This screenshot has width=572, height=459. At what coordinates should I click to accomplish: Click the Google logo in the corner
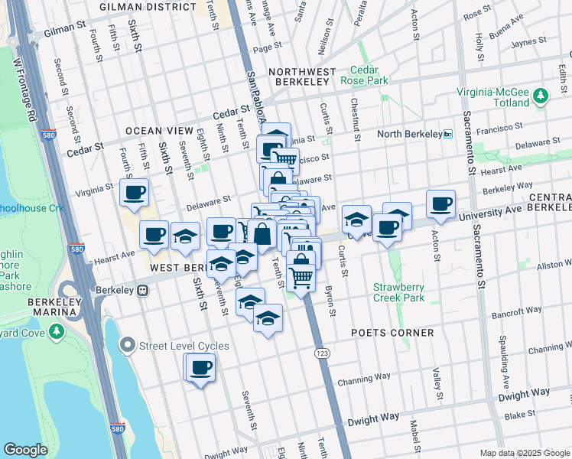(x=25, y=450)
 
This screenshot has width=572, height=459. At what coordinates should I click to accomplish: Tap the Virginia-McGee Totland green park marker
(x=541, y=96)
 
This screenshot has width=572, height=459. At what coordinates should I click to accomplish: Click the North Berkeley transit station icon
(x=448, y=135)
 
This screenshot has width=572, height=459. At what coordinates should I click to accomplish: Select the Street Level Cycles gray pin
(x=127, y=346)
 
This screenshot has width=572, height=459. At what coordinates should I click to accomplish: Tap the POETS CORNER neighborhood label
(x=392, y=333)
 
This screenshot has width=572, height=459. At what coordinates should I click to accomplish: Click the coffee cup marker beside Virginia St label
(x=134, y=193)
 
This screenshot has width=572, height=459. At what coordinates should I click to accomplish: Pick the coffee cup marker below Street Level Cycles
(x=200, y=368)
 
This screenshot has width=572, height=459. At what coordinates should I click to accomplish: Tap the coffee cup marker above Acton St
(x=440, y=204)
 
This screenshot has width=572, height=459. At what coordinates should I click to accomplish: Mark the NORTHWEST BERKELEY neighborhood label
(x=302, y=72)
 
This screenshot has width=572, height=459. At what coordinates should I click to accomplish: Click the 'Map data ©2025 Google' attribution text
(x=524, y=453)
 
